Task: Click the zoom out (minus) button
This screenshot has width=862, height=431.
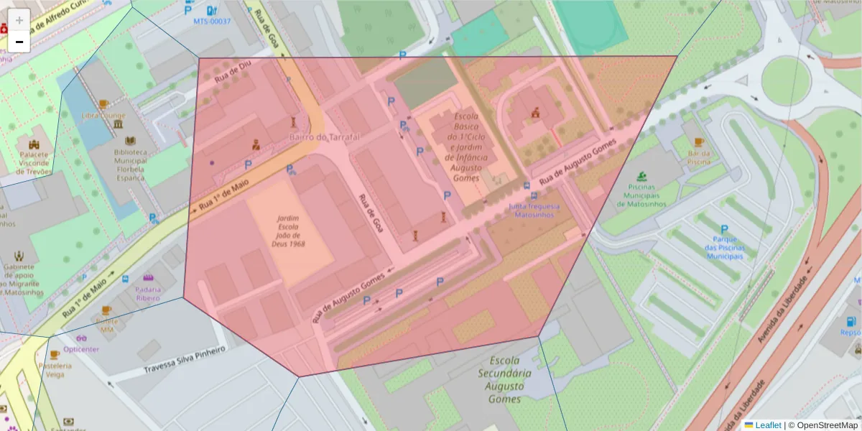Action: [19, 42]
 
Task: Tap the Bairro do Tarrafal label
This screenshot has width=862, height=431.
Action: [324, 136]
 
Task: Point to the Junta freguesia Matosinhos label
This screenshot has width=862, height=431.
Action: [534, 210]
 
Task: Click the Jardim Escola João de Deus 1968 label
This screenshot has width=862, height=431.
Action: [288, 231]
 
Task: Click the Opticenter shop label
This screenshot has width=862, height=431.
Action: [81, 349]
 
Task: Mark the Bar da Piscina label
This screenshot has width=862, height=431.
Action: [699, 157]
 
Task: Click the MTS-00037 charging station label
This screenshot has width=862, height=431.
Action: [212, 21]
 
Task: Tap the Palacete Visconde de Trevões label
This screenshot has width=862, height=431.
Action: [34, 163]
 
